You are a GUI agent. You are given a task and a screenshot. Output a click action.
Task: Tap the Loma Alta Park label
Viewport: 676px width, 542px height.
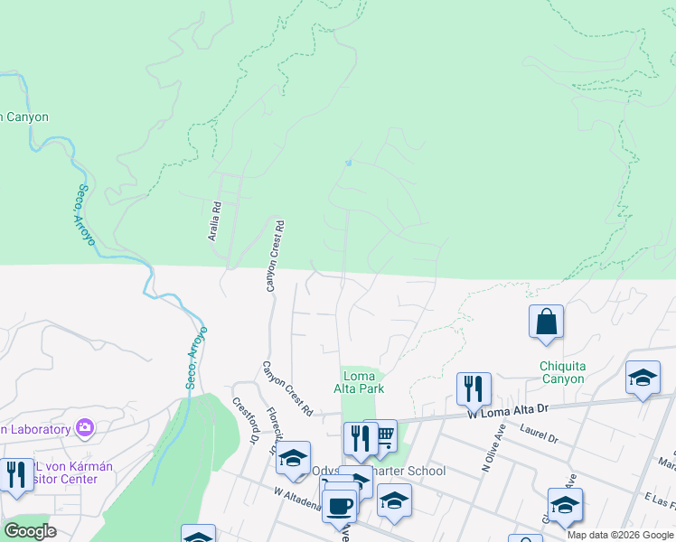[x=363, y=382]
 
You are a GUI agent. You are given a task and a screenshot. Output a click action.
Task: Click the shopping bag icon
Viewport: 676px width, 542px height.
[x=547, y=322]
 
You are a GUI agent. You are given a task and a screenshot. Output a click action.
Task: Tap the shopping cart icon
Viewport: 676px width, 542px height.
[x=385, y=438]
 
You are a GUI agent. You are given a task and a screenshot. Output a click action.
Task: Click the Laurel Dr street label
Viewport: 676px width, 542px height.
[x=540, y=435]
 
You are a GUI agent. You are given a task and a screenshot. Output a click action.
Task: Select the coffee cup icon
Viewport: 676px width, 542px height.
[x=340, y=505]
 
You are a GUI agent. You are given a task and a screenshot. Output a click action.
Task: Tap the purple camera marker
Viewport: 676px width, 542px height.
[x=85, y=427]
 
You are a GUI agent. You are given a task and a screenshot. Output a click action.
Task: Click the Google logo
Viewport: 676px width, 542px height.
[x=30, y=531]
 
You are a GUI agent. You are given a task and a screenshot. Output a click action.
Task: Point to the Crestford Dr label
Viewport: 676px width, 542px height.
[x=242, y=421]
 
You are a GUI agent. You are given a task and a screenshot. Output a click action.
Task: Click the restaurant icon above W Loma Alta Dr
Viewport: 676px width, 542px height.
[x=474, y=389]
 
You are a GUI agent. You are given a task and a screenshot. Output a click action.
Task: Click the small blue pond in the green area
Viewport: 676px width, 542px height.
[x=348, y=164]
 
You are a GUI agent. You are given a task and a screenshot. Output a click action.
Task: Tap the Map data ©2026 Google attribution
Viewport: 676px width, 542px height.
[x=620, y=535]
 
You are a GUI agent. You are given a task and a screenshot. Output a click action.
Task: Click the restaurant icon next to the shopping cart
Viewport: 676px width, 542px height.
[x=360, y=438]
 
